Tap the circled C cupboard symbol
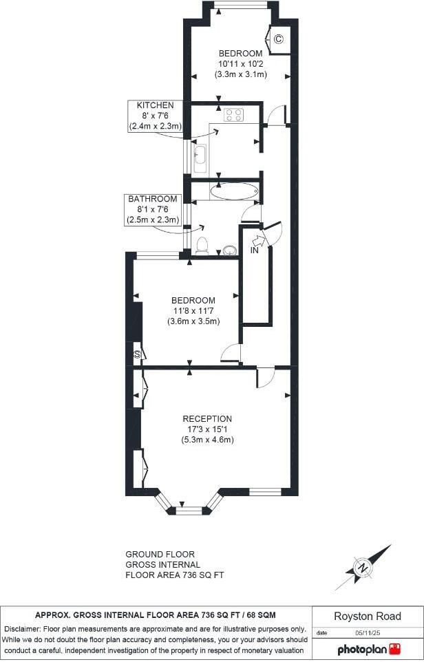[278, 39]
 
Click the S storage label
[137, 354]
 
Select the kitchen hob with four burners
[234, 116]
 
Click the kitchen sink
[200, 158]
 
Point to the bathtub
[234, 191]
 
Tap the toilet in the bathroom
[202, 246]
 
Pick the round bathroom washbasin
[230, 250]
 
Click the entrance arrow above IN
[259, 240]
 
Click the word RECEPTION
[207, 418]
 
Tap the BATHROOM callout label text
[153, 199]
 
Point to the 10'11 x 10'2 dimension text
[240, 64]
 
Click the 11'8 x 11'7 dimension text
[193, 311]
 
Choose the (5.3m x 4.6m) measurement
[207, 440]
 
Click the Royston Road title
[368, 616]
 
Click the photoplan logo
[368, 649]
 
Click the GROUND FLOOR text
[160, 554]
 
